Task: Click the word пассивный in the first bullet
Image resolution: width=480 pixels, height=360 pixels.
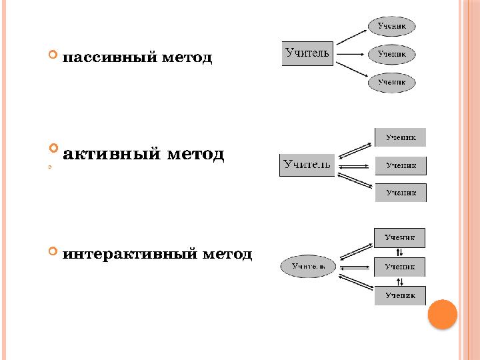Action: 111,57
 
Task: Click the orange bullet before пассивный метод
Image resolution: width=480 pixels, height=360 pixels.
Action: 54,55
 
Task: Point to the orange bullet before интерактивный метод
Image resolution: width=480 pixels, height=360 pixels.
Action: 54,251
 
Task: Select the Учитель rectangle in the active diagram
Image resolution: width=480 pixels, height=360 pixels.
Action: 307,165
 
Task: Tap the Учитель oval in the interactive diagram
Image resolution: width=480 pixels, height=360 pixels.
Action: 307,267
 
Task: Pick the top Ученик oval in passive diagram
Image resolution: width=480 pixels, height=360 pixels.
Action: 392,26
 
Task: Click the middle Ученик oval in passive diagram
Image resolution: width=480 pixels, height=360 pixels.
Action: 392,54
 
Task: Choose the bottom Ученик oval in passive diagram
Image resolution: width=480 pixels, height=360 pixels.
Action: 392,82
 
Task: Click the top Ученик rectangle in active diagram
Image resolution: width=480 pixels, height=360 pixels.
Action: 400,137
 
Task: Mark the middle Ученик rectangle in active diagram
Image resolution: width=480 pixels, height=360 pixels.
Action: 400,165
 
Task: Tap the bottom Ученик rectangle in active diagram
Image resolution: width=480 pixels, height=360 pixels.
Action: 400,193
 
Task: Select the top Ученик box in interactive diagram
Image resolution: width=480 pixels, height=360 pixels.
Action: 399,237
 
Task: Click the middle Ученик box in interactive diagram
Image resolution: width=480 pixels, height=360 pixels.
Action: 399,267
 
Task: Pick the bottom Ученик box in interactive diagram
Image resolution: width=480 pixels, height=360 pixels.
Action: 399,295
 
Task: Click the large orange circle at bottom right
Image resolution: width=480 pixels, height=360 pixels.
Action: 442,314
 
